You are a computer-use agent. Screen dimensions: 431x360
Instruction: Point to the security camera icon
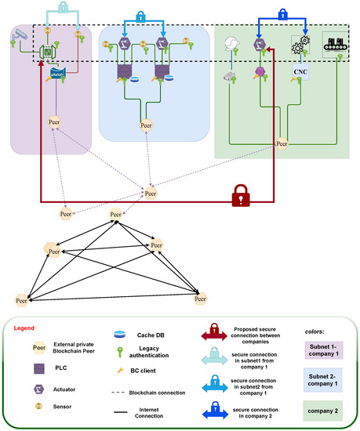20,36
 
